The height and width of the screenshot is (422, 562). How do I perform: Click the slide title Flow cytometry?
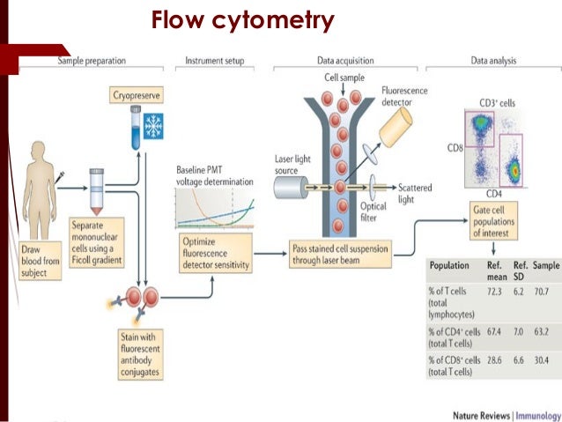point(242,19)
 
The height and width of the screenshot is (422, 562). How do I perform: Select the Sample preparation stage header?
point(92,61)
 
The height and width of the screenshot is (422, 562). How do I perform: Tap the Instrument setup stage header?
point(214,61)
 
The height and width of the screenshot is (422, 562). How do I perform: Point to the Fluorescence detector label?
point(403,96)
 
